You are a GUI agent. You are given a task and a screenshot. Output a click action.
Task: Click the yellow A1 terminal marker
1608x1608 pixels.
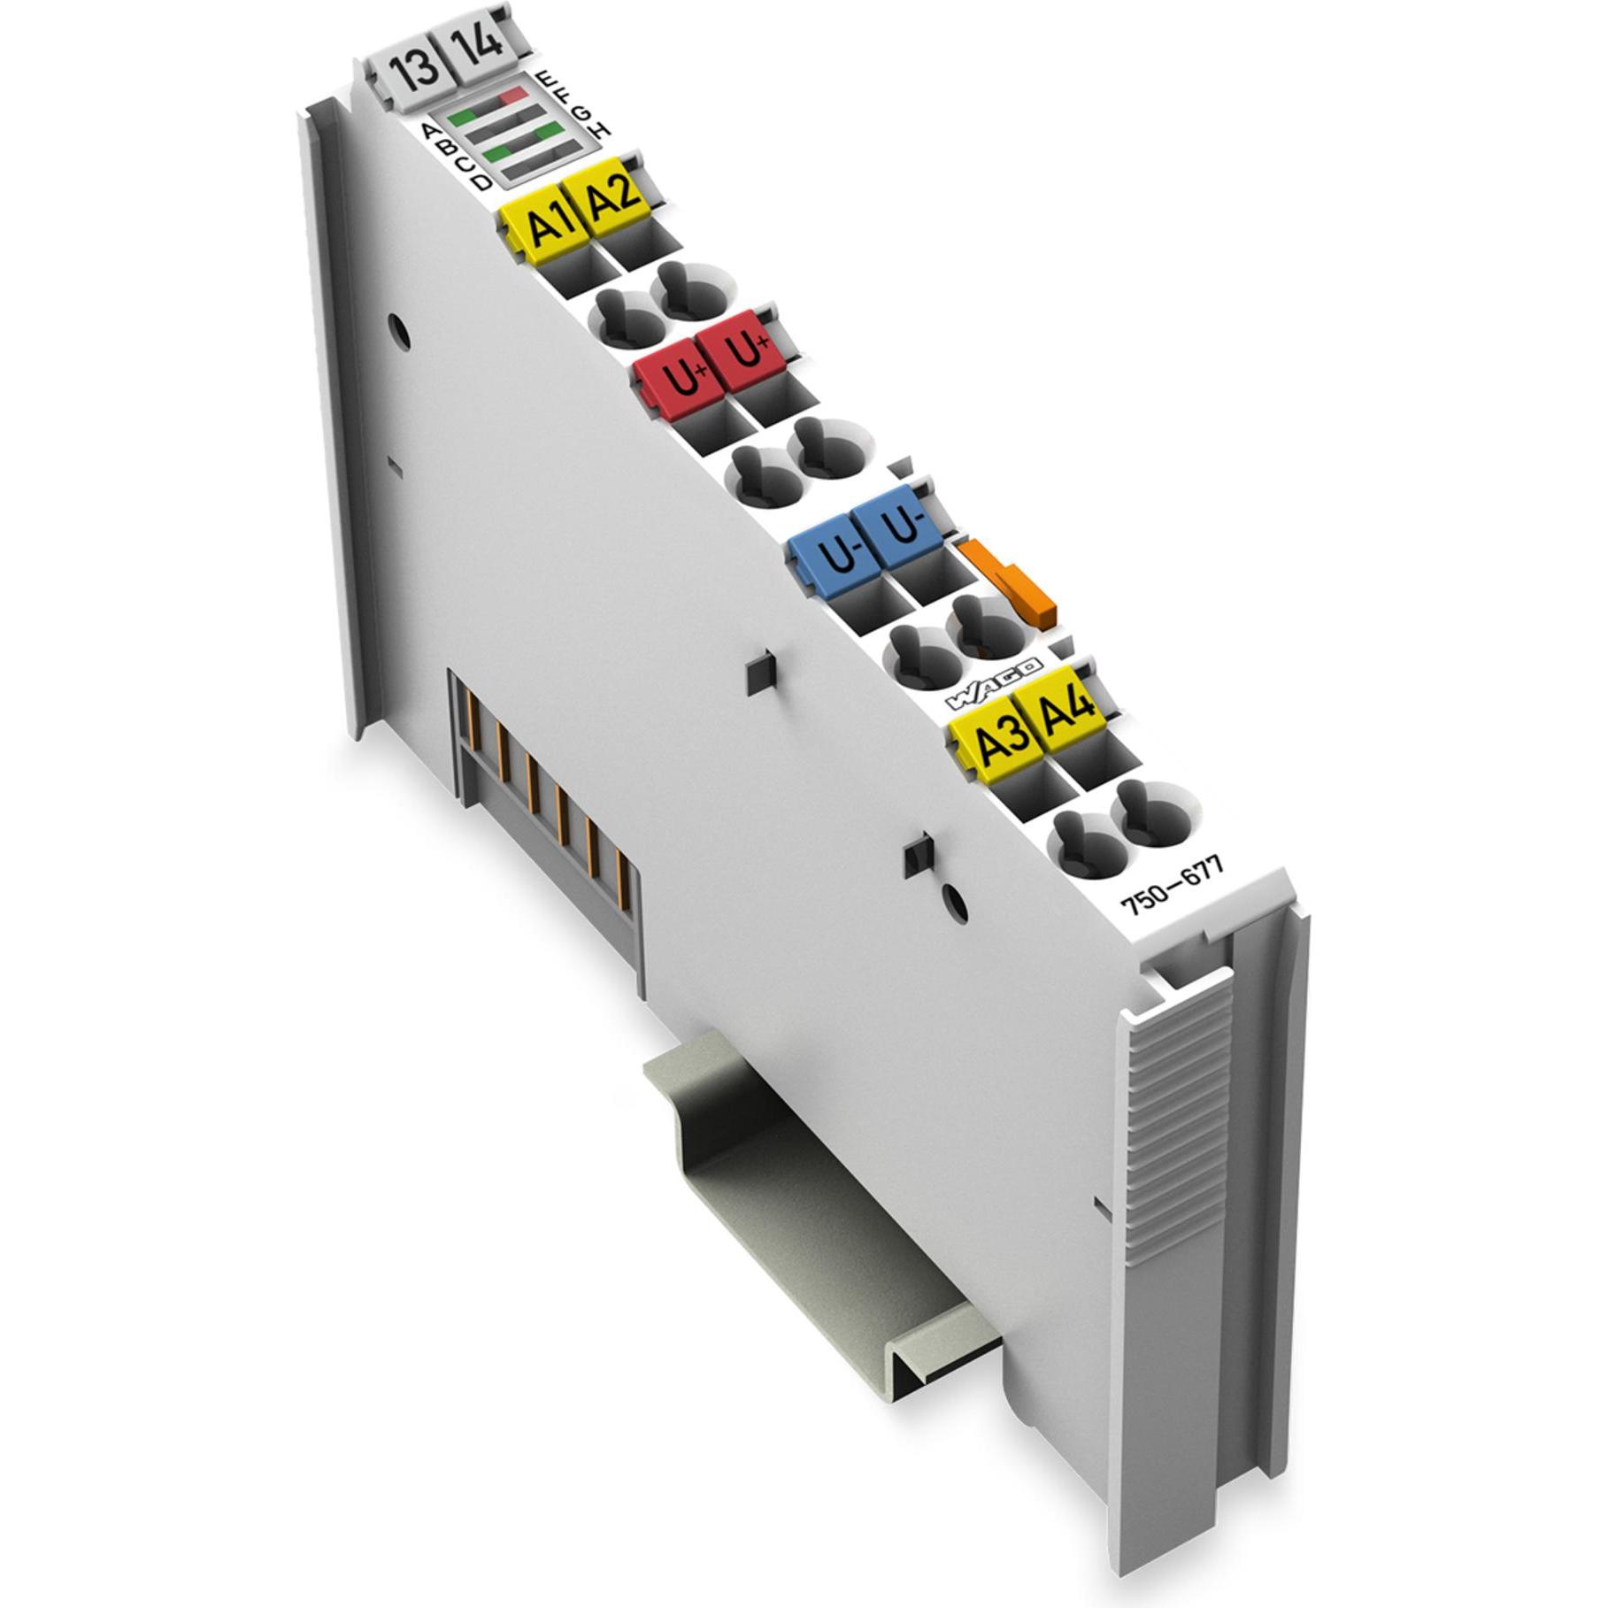542,222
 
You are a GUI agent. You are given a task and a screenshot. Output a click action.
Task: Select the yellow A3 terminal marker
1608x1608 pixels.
996,735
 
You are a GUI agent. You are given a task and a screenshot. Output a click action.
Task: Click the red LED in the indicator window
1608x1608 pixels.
511,95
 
